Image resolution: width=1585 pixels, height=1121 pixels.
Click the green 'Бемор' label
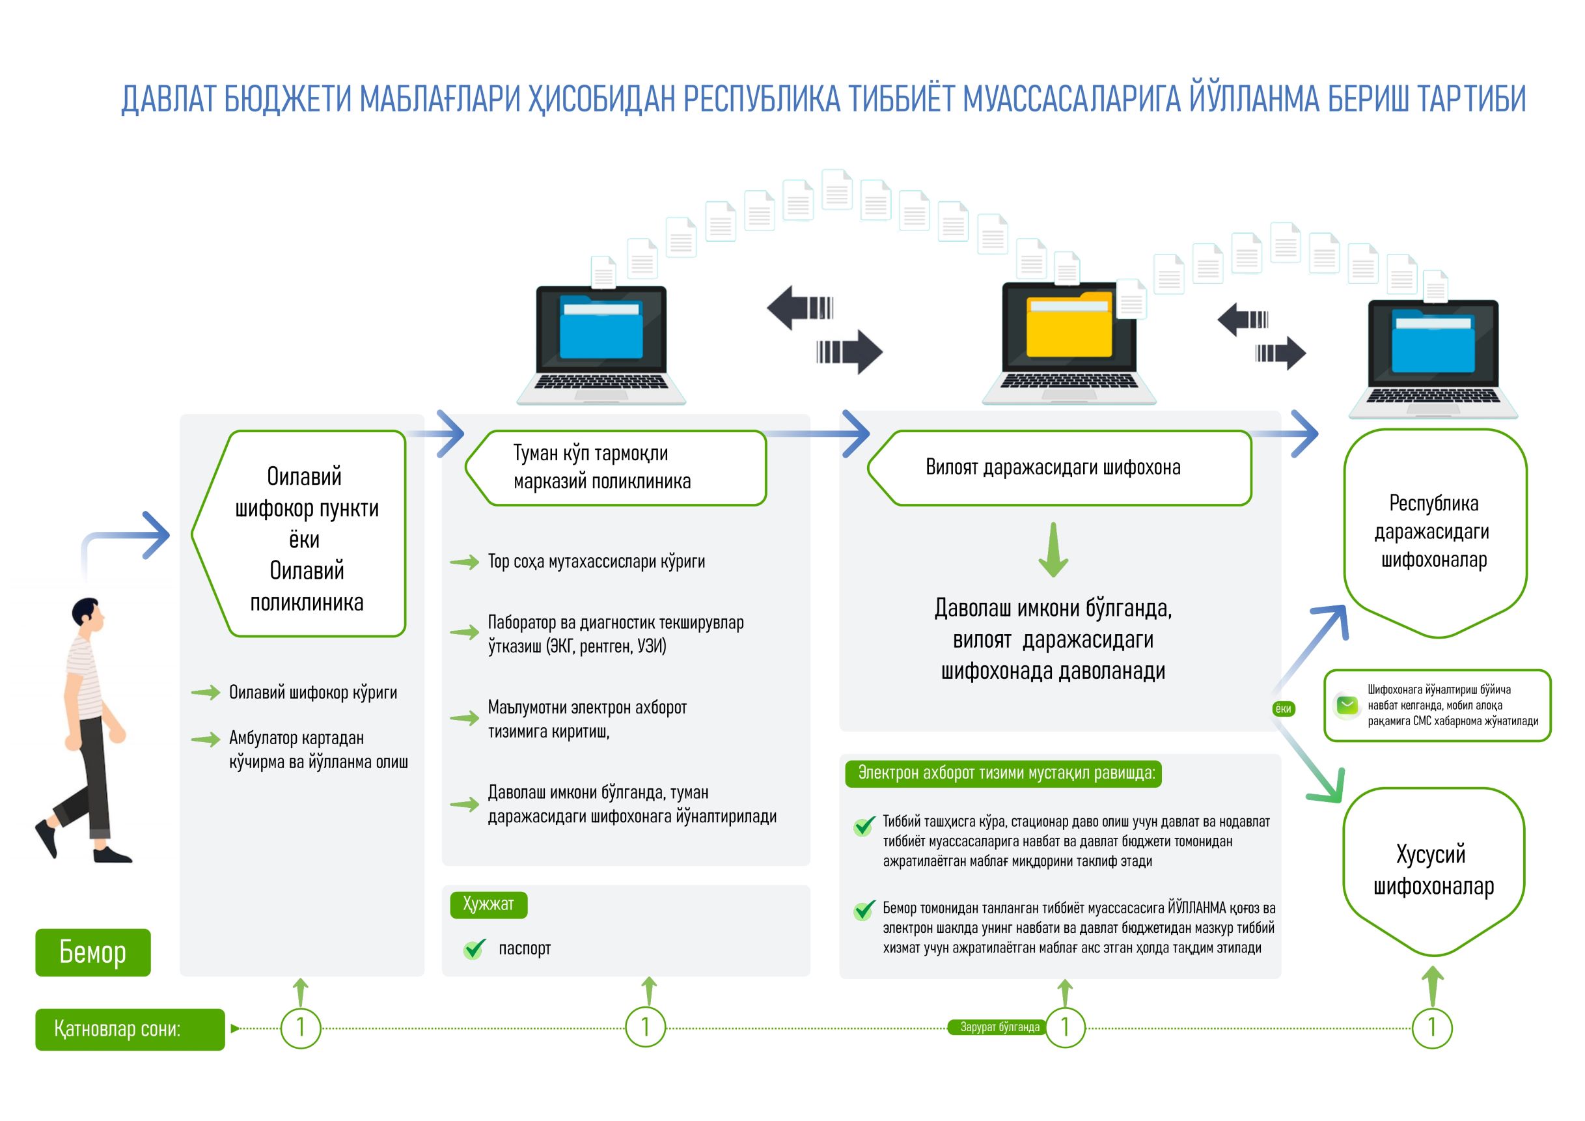point(92,952)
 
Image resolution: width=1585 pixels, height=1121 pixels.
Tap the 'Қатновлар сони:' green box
point(130,1029)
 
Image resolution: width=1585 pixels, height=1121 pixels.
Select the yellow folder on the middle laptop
point(1069,327)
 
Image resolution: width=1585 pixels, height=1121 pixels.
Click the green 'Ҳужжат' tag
point(488,904)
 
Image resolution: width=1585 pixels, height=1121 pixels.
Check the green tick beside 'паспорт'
point(475,949)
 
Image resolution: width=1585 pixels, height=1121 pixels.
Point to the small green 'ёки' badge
point(1282,709)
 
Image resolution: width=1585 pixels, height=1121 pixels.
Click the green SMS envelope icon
point(1347,705)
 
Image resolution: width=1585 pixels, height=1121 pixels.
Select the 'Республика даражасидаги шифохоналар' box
point(1435,531)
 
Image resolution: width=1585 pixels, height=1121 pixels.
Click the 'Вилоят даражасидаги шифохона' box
point(1060,467)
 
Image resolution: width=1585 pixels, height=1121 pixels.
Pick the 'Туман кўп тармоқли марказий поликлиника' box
point(616,467)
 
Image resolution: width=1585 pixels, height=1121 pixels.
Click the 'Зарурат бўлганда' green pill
point(999,1027)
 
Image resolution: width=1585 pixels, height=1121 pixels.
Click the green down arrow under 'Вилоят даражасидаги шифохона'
point(1053,549)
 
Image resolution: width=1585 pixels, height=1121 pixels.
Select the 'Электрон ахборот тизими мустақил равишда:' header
point(1003,773)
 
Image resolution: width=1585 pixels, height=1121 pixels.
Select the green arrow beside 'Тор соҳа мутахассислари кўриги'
point(465,562)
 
